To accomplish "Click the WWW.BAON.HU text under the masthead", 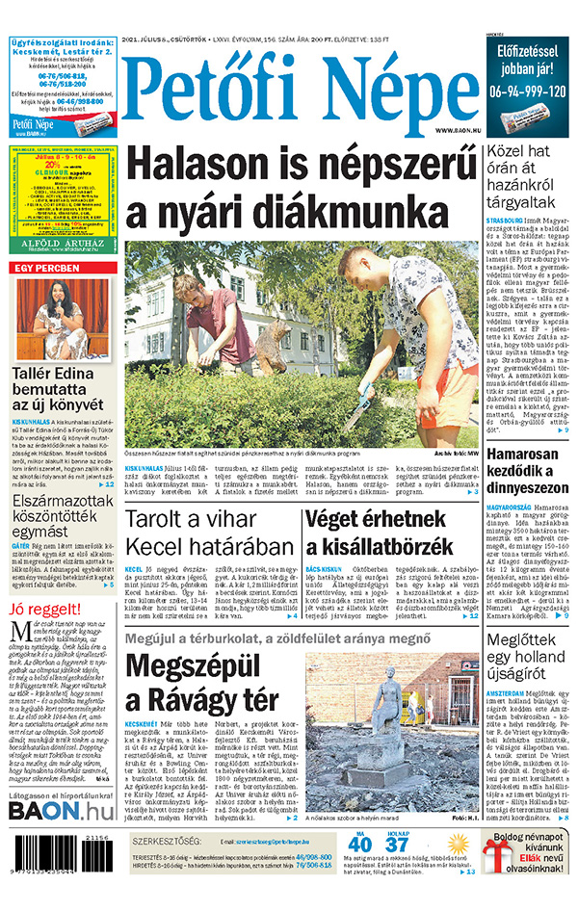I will (x=458, y=130).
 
